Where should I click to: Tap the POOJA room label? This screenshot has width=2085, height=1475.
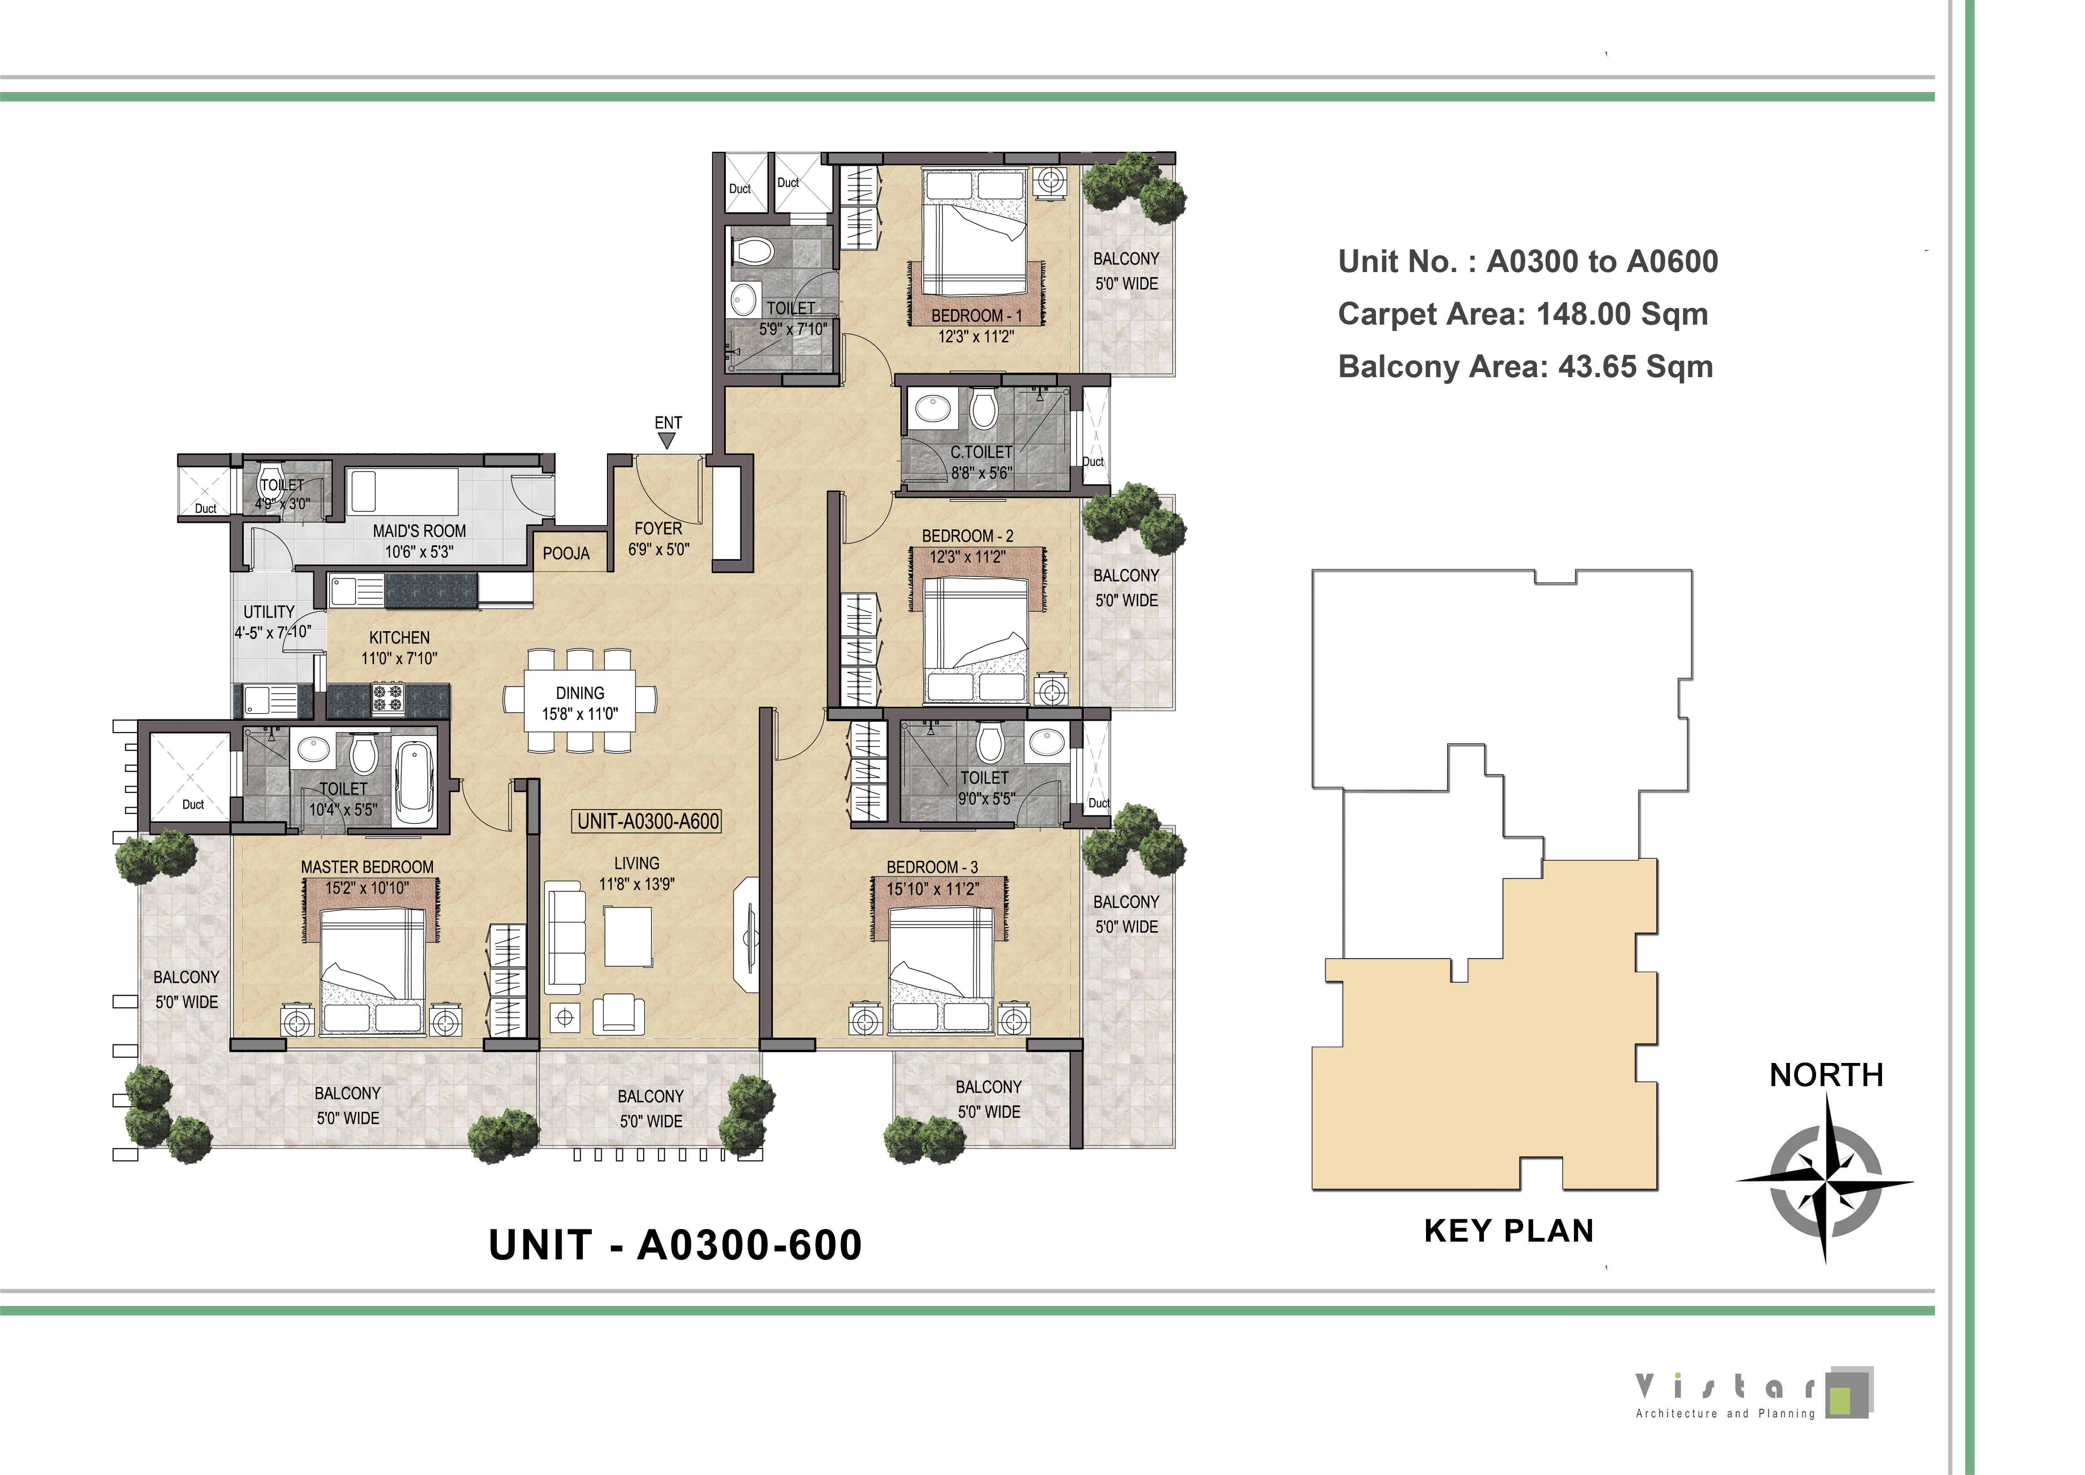point(566,553)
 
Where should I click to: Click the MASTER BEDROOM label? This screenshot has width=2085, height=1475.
point(367,867)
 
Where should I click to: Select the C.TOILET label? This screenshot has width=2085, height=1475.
point(981,452)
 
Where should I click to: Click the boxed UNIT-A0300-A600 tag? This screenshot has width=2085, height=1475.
point(648,821)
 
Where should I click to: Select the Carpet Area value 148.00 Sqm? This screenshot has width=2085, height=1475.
point(1622,314)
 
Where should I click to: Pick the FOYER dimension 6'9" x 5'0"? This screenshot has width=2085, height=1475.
point(659,550)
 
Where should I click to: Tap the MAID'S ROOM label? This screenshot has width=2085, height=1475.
point(419,530)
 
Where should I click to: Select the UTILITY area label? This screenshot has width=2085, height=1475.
point(269,612)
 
